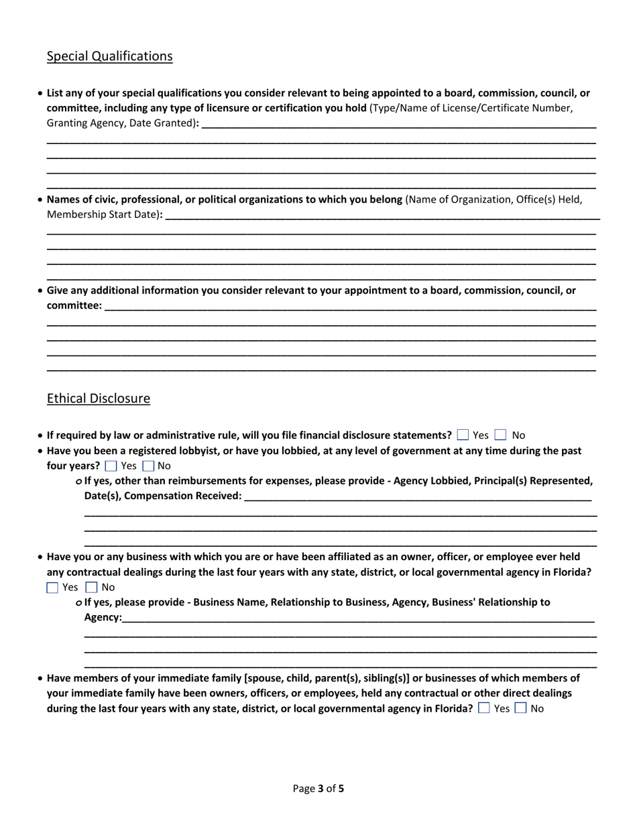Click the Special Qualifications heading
[x=109, y=56]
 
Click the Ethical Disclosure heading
[x=99, y=398]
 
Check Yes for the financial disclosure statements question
[x=463, y=435]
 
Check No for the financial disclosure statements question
[x=500, y=435]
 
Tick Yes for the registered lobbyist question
[x=111, y=465]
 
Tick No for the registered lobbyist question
[x=149, y=465]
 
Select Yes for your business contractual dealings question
[x=52, y=588]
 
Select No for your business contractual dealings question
[x=93, y=588]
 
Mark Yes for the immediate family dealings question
[x=484, y=708]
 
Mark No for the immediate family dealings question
[x=521, y=708]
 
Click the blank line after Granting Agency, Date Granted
[x=398, y=123]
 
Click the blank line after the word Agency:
[x=358, y=618]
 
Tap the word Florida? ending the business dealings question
[x=569, y=572]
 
